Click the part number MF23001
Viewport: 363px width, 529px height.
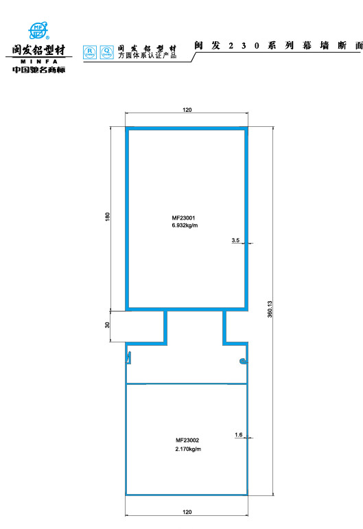click(x=183, y=218)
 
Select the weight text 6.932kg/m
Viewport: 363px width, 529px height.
click(x=185, y=225)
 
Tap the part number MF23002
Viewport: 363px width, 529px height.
click(x=187, y=440)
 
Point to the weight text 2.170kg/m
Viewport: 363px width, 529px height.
click(x=188, y=449)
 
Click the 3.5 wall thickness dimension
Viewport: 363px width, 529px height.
click(x=235, y=240)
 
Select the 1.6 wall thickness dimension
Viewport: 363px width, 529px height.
click(x=239, y=434)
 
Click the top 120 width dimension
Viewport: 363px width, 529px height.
click(x=187, y=110)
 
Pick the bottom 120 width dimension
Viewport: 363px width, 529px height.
click(x=187, y=512)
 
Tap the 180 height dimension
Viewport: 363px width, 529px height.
click(x=108, y=217)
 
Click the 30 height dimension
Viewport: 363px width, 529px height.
click(x=107, y=325)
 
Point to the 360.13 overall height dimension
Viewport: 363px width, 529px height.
click(x=270, y=309)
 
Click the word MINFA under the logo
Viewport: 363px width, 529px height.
click(x=39, y=62)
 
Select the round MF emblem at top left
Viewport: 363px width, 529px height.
click(x=38, y=30)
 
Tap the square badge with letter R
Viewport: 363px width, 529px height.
click(x=90, y=52)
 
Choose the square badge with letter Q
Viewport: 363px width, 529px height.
click(x=107, y=52)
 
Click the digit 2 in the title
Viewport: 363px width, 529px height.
click(x=231, y=46)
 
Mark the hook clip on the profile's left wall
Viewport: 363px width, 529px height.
click(x=128, y=358)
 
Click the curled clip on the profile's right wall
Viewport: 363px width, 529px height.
click(x=244, y=362)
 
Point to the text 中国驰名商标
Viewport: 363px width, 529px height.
click(x=39, y=70)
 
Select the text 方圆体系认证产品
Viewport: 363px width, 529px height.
click(x=148, y=56)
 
